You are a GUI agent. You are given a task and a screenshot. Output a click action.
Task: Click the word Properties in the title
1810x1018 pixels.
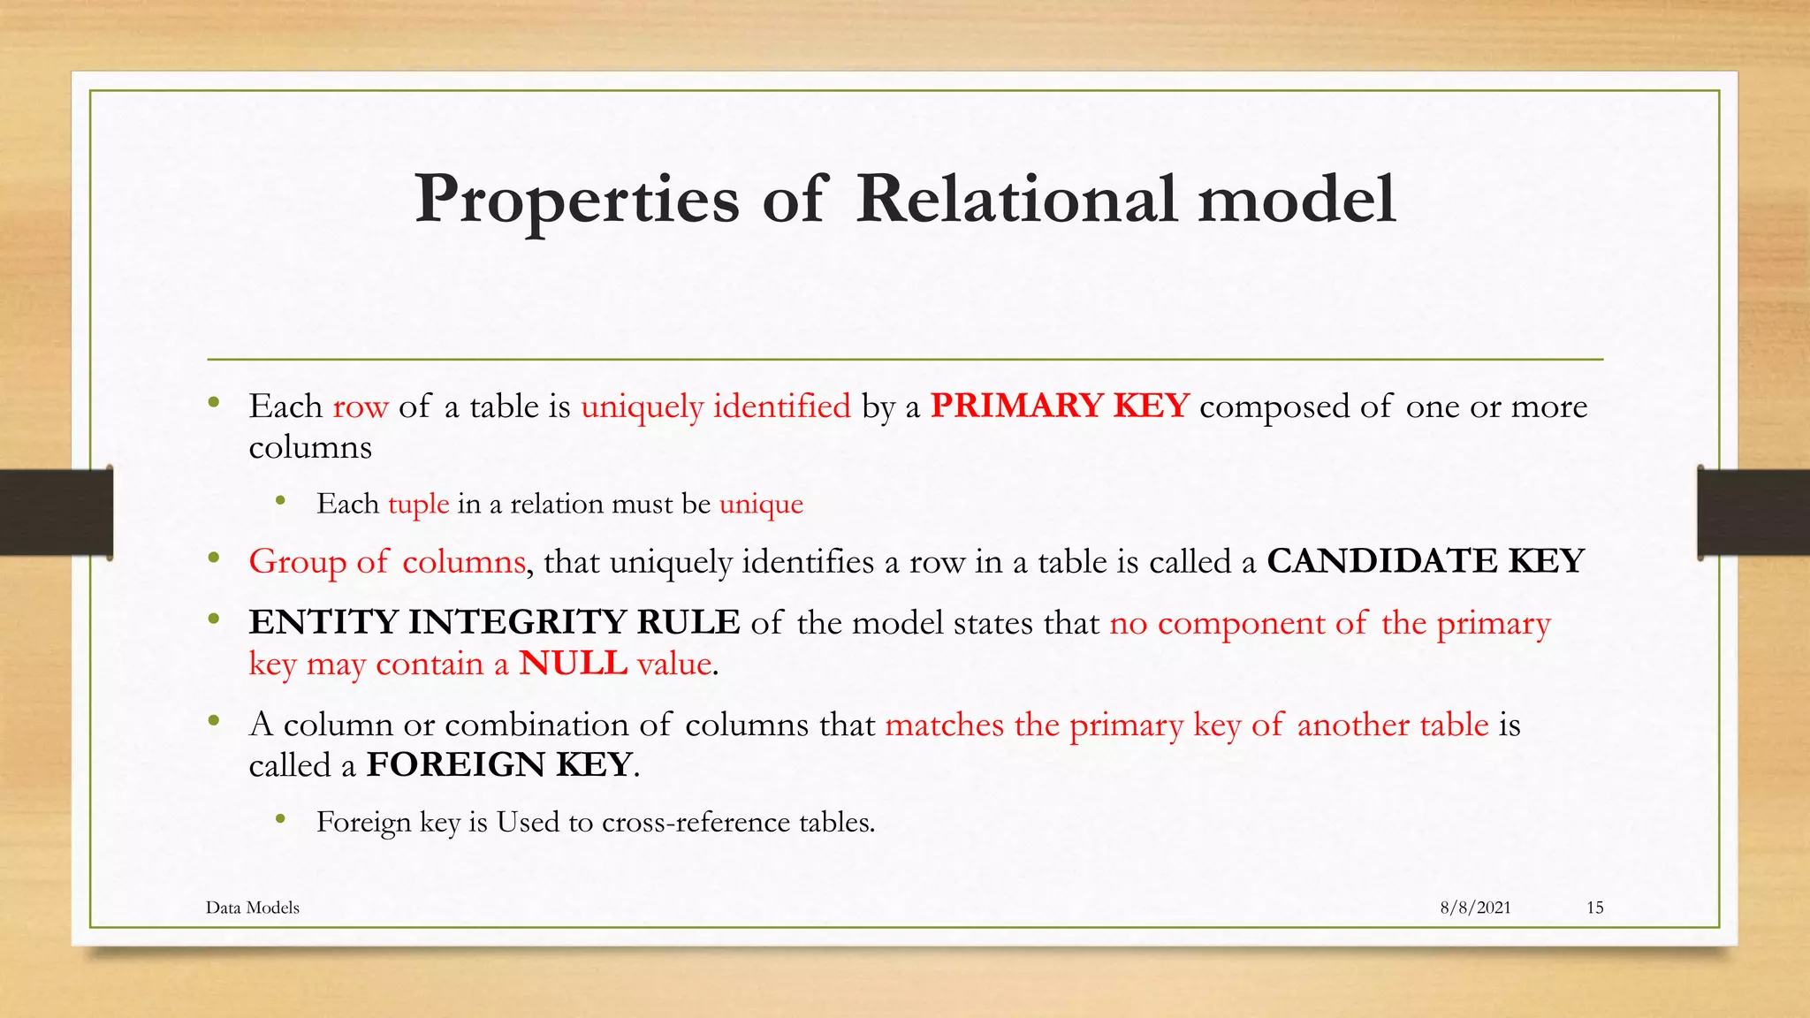coord(576,200)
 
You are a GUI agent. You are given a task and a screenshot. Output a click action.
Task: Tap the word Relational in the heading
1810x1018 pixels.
coord(1015,200)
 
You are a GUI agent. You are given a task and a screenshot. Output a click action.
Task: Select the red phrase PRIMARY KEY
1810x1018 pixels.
coord(1060,406)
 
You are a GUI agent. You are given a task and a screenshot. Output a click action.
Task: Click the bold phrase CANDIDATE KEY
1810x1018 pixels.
coord(1425,561)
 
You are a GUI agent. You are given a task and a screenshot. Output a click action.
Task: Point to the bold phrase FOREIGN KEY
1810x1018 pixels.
coord(499,764)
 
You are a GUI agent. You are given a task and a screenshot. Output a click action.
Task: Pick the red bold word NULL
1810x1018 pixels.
coord(573,664)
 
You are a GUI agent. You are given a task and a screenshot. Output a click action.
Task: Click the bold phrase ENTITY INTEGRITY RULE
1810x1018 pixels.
coord(494,622)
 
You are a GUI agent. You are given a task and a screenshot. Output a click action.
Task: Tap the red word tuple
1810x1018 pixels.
coord(418,504)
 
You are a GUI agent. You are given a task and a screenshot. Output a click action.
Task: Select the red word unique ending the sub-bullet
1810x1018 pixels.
coord(761,504)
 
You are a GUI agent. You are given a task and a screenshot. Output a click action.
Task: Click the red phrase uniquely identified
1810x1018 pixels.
coord(715,406)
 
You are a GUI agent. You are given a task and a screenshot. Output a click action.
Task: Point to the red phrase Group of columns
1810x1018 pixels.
coord(387,562)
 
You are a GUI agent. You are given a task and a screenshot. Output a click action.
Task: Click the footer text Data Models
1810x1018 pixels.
coord(253,908)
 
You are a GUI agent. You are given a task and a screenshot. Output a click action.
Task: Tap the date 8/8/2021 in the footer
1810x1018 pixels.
coord(1475,908)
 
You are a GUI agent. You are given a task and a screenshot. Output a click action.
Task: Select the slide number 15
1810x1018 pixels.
coord(1594,908)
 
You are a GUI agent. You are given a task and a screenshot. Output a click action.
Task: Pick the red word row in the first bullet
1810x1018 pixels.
coord(361,407)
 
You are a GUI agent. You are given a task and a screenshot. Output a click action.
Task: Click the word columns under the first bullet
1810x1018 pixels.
coord(310,447)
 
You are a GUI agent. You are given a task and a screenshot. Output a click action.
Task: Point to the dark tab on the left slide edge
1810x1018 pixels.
coord(55,513)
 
